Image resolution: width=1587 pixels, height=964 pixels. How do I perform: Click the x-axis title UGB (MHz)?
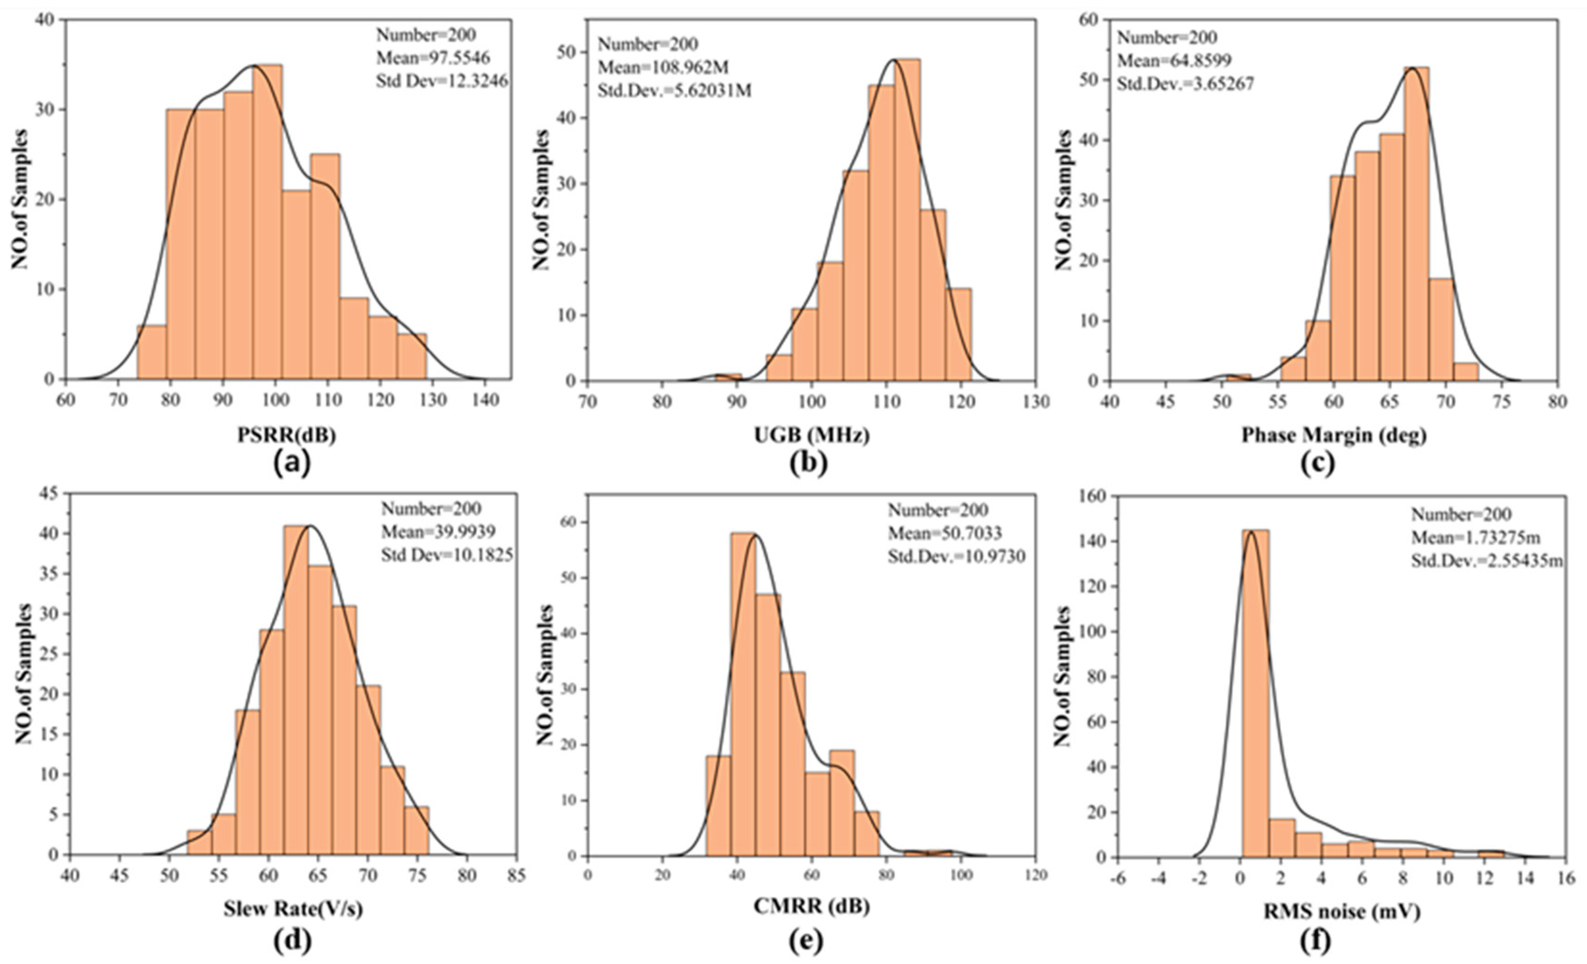point(812,436)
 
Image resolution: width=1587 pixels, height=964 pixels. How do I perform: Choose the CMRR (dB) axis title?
point(812,907)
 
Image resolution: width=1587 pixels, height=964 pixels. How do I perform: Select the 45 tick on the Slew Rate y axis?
point(50,493)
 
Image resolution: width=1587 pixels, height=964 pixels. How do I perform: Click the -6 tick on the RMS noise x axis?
point(1118,879)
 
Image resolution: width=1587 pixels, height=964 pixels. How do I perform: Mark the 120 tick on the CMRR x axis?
point(1035,876)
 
